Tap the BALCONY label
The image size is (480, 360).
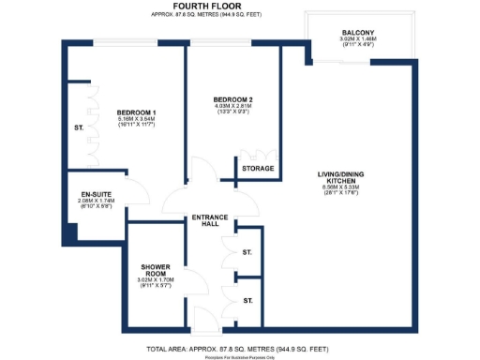357,34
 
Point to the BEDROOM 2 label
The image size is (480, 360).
232,98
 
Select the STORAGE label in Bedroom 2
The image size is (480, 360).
258,169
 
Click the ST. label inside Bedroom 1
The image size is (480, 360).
79,128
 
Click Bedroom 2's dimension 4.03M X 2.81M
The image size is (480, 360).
232,107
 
